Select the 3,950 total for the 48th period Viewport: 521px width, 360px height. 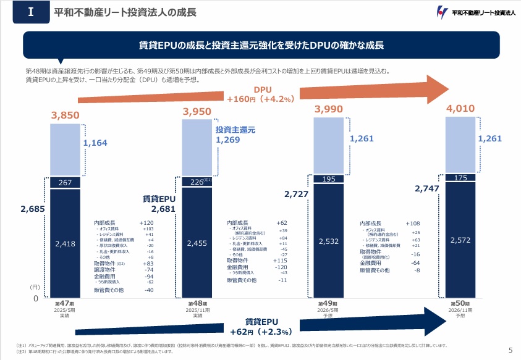[198, 111]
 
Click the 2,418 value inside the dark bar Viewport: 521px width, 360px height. [66, 243]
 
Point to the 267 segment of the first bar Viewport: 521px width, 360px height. [66, 183]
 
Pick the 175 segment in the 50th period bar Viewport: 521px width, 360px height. [461, 178]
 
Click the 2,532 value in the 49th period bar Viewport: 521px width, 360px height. [329, 240]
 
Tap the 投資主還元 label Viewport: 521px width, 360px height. [235, 130]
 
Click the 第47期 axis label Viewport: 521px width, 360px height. [65, 304]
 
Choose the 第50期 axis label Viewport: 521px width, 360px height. [460, 304]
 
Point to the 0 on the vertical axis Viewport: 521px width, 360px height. [35, 298]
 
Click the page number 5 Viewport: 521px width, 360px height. [510, 351]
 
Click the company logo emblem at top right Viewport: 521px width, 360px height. [441, 12]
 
